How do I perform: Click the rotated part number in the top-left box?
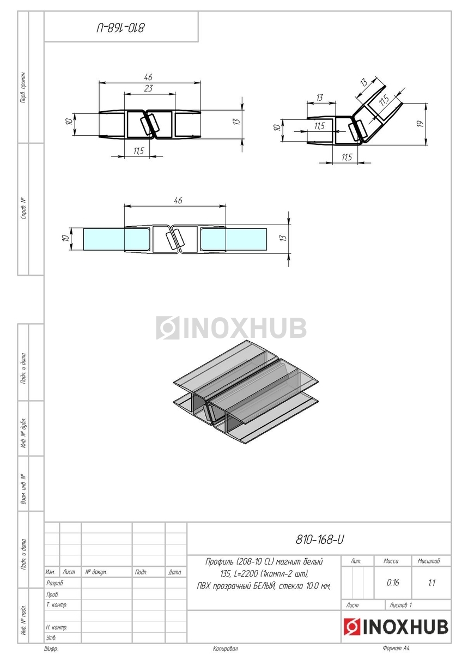click(121, 28)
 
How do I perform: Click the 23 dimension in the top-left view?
click(149, 88)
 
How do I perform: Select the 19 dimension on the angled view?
click(420, 124)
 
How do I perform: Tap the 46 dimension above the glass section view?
click(178, 201)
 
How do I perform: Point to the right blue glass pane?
click(234, 239)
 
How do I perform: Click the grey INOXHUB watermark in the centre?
click(231, 328)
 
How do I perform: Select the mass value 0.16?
click(393, 583)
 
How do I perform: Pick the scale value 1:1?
click(431, 583)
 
